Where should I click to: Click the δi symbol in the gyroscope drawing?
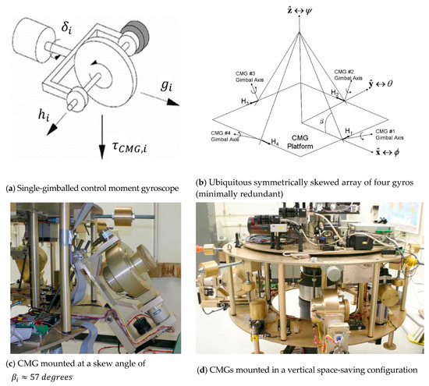tap(66, 27)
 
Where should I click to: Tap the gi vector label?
tap(166, 86)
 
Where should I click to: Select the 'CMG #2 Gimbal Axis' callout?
tap(348, 75)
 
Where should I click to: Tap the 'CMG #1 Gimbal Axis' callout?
tap(389, 134)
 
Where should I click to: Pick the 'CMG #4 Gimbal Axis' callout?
tap(225, 136)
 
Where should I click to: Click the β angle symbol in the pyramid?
tap(322, 121)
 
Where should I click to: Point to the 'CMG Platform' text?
tap(300, 142)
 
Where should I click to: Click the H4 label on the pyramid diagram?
tap(275, 141)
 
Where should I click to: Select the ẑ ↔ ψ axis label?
tap(300, 11)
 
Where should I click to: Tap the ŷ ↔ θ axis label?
tap(381, 83)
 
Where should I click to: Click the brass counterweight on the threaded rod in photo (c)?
tap(122, 216)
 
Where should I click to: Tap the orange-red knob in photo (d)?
tap(200, 250)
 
